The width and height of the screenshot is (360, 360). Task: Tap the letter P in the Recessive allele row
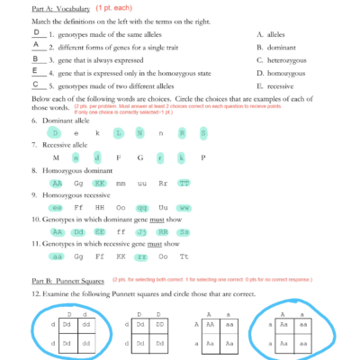(x=204, y=157)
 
